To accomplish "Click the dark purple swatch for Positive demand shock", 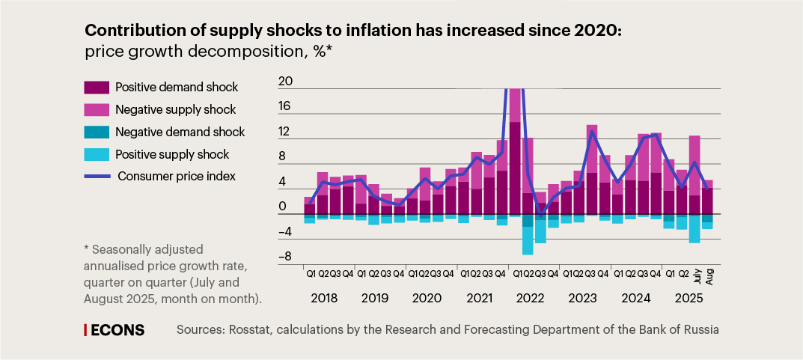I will [x=97, y=88].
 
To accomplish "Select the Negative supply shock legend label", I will [x=175, y=110].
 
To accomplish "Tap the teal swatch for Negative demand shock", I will [x=97, y=132].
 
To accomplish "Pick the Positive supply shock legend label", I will [x=172, y=155].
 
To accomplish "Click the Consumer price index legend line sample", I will [x=97, y=177].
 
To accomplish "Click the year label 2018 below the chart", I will [x=323, y=298].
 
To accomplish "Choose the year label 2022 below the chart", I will [x=529, y=298].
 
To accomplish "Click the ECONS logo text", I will [x=118, y=330].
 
